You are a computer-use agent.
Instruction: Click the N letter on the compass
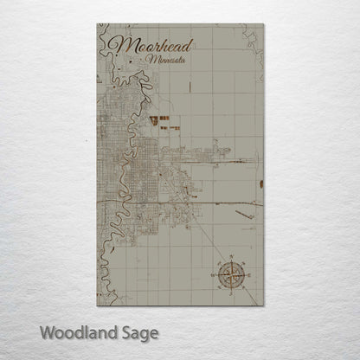[231, 257]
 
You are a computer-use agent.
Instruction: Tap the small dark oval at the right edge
[260, 183]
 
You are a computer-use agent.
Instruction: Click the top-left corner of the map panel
[97, 25]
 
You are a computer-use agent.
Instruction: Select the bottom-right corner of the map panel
[263, 305]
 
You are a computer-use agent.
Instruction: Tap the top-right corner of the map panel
[263, 25]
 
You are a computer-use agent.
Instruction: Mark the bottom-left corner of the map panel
[97, 305]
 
